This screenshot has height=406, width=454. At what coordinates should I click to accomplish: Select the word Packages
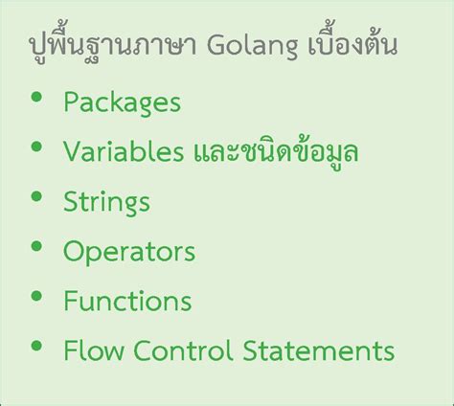click(x=122, y=101)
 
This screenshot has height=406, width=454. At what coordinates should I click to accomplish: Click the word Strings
click(x=106, y=202)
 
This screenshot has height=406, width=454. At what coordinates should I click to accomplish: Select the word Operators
click(x=129, y=252)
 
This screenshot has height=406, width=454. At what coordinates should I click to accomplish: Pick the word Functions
click(x=127, y=302)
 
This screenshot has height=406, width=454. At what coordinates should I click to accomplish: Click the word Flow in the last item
click(x=88, y=351)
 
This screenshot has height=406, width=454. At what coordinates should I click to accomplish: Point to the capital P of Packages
click(x=70, y=101)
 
